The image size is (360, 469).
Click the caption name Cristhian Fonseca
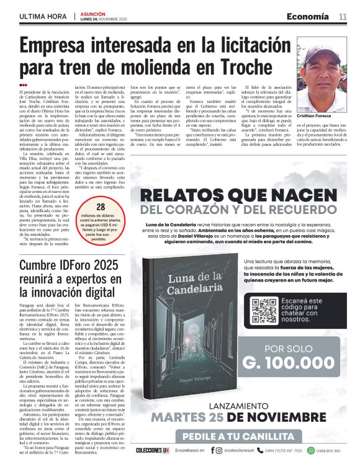pos(317,116)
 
